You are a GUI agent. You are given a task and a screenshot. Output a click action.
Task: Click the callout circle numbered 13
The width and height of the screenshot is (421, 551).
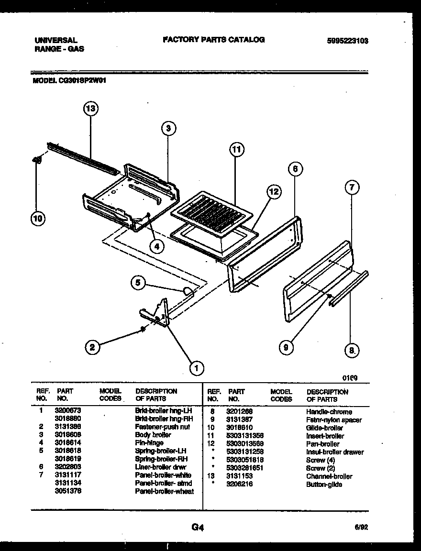point(90,109)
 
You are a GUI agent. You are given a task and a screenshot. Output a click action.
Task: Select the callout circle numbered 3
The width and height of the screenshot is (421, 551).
point(168,128)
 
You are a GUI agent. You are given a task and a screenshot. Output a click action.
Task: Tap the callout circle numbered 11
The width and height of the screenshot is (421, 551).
point(235,150)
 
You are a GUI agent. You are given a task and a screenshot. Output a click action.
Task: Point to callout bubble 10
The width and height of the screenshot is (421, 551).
point(37,219)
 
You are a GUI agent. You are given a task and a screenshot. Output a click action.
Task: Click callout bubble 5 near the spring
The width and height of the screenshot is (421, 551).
point(138,283)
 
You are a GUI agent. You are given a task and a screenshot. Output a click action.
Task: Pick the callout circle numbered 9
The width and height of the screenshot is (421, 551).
point(286,348)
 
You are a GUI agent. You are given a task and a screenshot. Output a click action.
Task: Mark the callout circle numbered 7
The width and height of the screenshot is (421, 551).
point(351,187)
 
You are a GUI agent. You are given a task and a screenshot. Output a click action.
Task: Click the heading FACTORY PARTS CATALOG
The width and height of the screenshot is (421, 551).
point(213,40)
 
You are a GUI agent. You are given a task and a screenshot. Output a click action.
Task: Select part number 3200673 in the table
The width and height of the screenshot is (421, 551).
point(68,410)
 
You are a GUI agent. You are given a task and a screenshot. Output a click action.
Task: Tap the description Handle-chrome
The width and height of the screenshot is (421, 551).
point(329,412)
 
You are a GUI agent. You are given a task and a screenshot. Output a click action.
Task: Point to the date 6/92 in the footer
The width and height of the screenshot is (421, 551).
point(361,528)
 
